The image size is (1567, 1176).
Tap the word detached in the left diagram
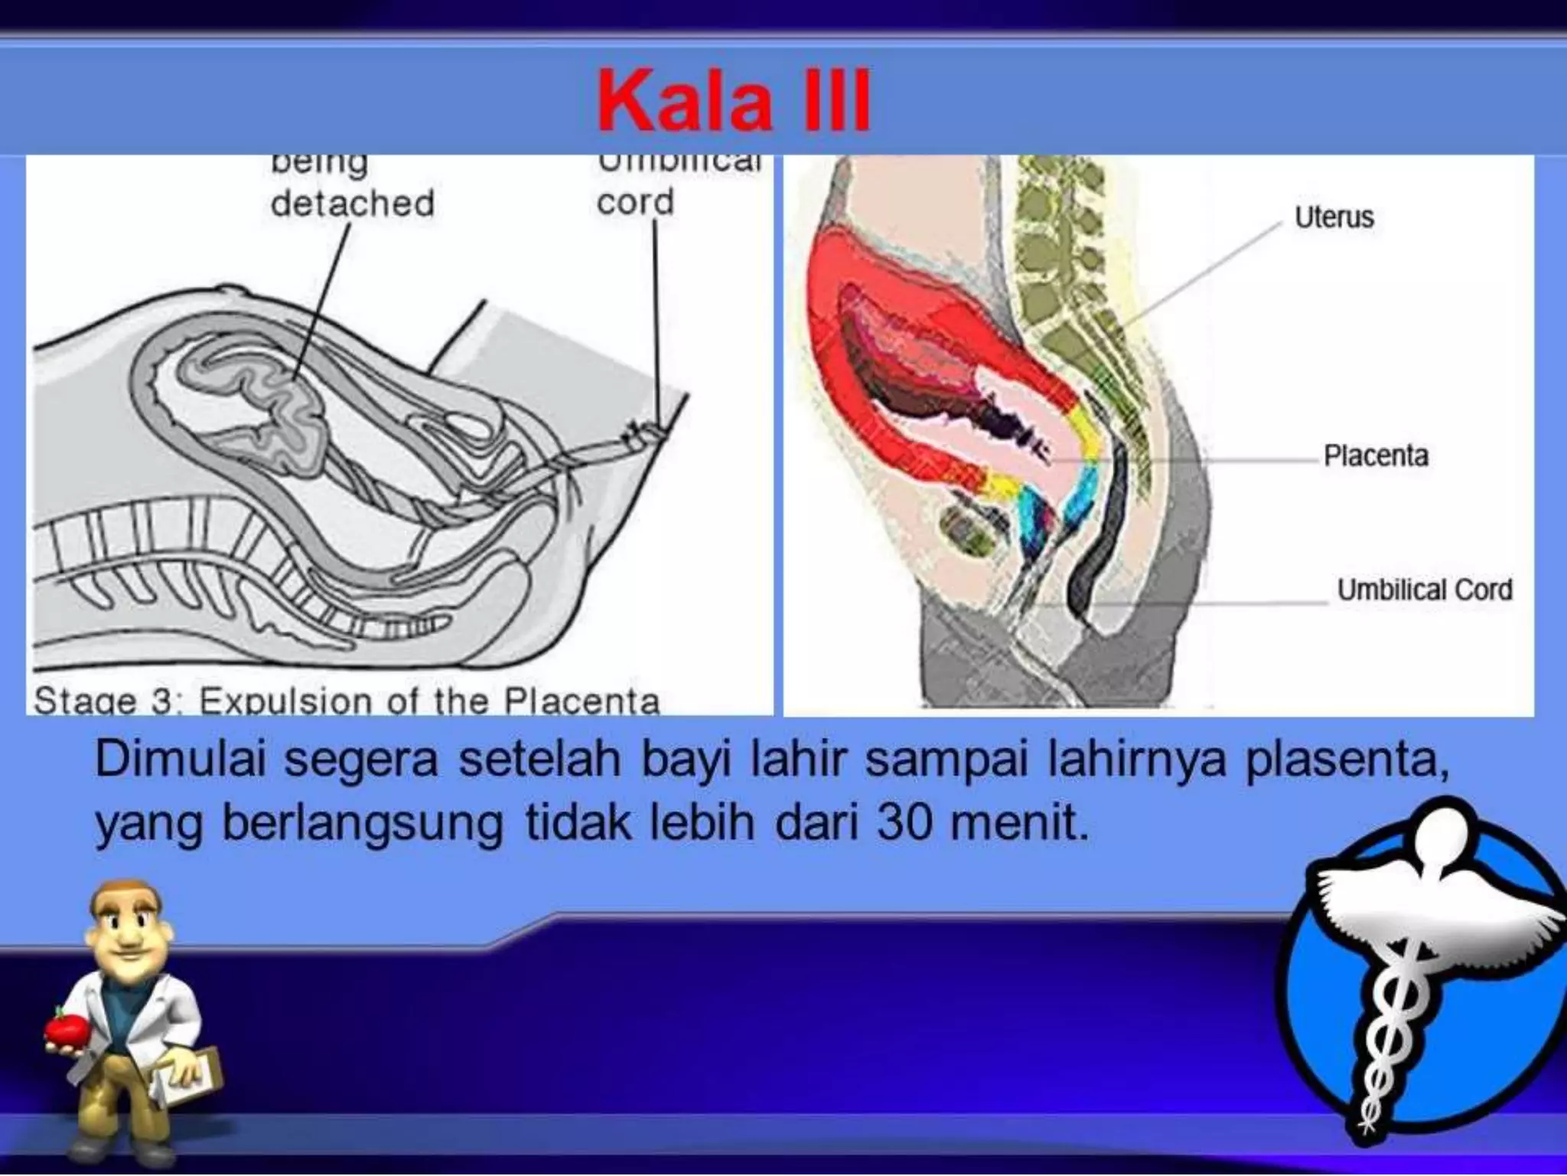point(353,204)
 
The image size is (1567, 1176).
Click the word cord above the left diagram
point(635,202)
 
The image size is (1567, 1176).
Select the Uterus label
point(1334,217)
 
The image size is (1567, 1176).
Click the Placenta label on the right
point(1376,456)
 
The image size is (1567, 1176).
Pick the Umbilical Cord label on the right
point(1425,590)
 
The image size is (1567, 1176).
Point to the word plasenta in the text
point(1347,760)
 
